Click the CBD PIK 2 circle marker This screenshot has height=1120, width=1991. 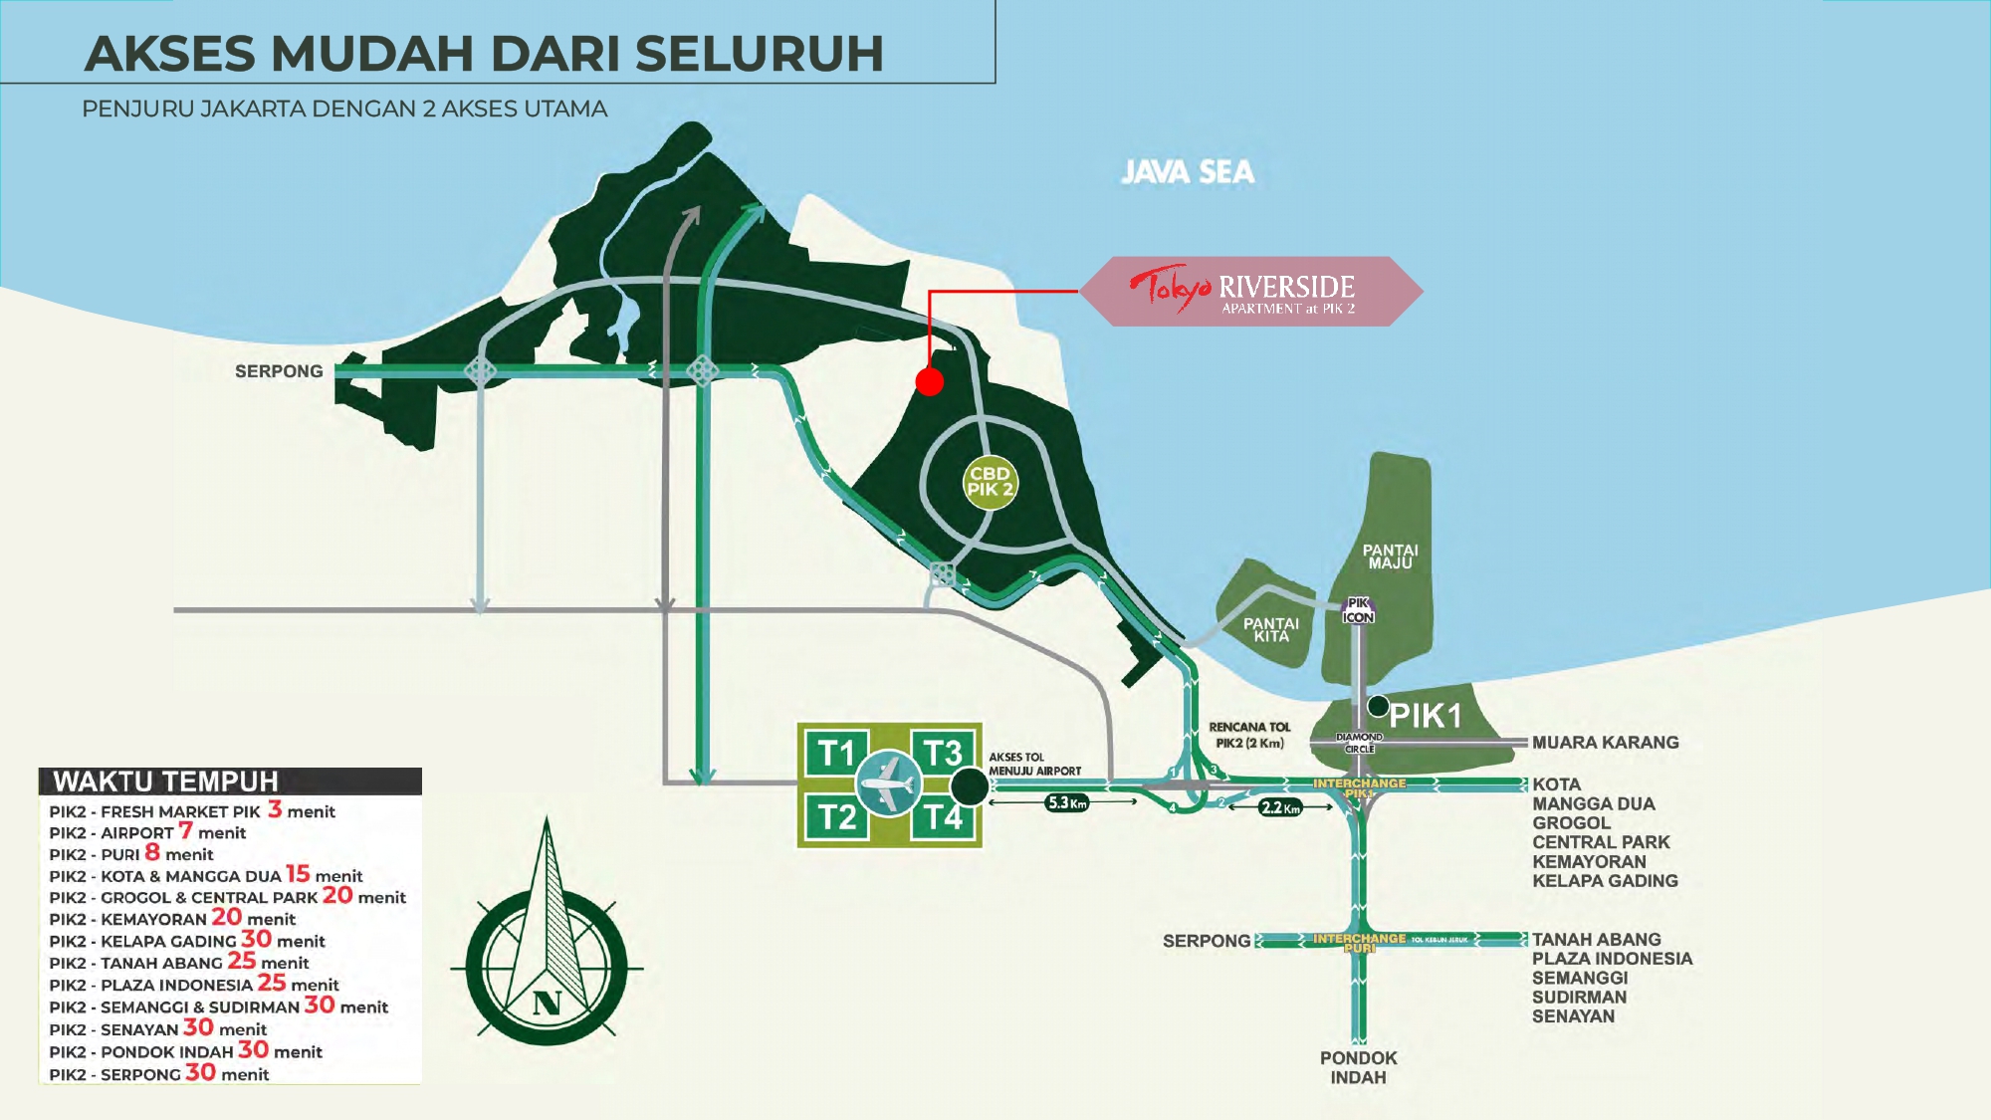990,482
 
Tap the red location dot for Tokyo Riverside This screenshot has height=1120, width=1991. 929,381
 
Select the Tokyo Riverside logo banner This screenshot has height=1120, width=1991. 1251,291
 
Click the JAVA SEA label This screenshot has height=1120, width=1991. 1188,172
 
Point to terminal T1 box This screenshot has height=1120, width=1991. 836,754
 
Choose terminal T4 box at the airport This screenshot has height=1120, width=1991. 943,818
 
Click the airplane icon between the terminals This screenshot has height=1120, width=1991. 889,784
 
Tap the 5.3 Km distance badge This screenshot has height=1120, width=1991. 1066,802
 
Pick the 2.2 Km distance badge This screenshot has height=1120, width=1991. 1279,807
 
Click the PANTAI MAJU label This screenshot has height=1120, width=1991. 1390,557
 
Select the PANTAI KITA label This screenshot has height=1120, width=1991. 1271,629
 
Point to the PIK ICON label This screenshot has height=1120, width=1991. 1358,610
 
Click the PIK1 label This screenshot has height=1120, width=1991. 1425,716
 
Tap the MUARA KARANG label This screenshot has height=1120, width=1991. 1605,743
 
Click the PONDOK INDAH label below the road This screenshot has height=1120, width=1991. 1358,1067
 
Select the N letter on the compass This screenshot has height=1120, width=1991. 547,1003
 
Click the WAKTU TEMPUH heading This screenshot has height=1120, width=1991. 166,782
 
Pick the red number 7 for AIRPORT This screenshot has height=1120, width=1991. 185,830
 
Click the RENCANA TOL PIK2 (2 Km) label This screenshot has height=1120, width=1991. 1249,735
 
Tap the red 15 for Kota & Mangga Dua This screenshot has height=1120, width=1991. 298,874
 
